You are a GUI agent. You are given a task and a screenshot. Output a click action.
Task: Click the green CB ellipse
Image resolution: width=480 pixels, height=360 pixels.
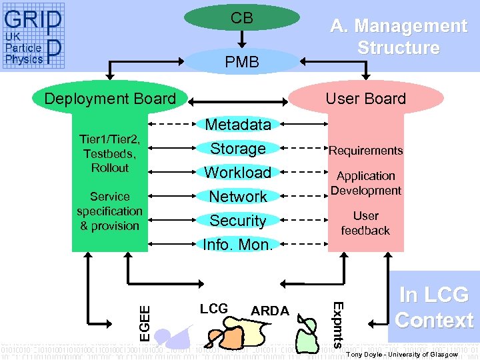point(241,18)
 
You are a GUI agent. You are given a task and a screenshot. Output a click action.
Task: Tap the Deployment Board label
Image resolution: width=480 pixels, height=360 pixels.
point(110,99)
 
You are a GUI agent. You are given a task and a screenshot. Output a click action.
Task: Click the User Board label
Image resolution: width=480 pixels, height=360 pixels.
point(365,99)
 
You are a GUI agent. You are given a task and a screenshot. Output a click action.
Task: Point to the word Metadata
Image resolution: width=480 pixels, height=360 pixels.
point(238,124)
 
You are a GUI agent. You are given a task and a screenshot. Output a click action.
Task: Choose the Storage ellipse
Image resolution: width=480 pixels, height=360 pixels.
point(238,148)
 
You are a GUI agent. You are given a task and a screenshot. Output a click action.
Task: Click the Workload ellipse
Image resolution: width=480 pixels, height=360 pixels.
point(238,172)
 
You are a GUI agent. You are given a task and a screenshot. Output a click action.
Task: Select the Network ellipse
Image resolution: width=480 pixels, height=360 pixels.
point(238,197)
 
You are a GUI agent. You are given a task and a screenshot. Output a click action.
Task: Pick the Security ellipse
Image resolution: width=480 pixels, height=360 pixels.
point(238,221)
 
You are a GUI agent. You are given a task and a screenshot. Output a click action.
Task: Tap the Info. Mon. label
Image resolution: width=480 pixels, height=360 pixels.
point(238,245)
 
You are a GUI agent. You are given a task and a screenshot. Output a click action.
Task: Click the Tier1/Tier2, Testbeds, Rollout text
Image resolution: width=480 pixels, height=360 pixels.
point(109,153)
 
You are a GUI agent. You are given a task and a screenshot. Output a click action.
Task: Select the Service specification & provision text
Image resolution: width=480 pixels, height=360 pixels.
point(109,211)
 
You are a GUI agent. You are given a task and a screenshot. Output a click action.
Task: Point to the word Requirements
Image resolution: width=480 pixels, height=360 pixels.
point(365,151)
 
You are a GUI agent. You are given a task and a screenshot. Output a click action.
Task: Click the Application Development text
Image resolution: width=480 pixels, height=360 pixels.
point(365,183)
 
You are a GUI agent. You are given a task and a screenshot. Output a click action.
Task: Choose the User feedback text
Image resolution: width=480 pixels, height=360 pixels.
point(365,223)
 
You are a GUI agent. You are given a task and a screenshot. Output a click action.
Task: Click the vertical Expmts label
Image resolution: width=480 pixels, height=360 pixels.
point(338,325)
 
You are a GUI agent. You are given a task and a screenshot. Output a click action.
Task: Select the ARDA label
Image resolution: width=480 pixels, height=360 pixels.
point(269,311)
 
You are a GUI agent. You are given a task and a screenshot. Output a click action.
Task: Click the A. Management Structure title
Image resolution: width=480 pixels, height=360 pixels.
point(398,37)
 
